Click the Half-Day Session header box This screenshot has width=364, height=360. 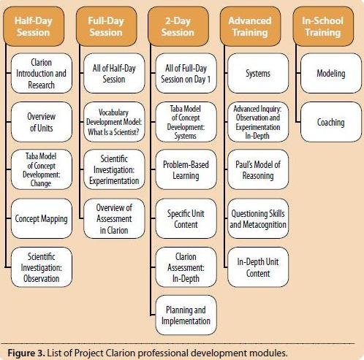(34, 26)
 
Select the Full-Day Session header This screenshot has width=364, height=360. (106, 26)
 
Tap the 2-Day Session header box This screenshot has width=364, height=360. (178, 26)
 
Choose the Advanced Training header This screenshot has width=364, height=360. (250, 26)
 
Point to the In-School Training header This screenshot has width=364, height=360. (323, 26)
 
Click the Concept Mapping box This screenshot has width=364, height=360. (42, 218)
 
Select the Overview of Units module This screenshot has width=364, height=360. (42, 122)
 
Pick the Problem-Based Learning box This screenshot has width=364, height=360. (186, 169)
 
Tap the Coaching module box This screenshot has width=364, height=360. (331, 122)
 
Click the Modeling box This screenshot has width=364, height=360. (331, 73)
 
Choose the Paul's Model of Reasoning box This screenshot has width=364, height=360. (258, 169)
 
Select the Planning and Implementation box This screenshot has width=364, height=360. (186, 315)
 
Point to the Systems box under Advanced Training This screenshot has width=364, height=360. (258, 73)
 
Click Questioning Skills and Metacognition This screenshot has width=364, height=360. (258, 218)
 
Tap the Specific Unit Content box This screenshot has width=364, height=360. (186, 218)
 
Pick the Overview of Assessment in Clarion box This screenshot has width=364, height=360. (114, 218)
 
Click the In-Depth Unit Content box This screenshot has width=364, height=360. (258, 267)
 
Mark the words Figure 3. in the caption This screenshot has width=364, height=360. (26, 353)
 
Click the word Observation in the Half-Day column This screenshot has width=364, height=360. (41, 279)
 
